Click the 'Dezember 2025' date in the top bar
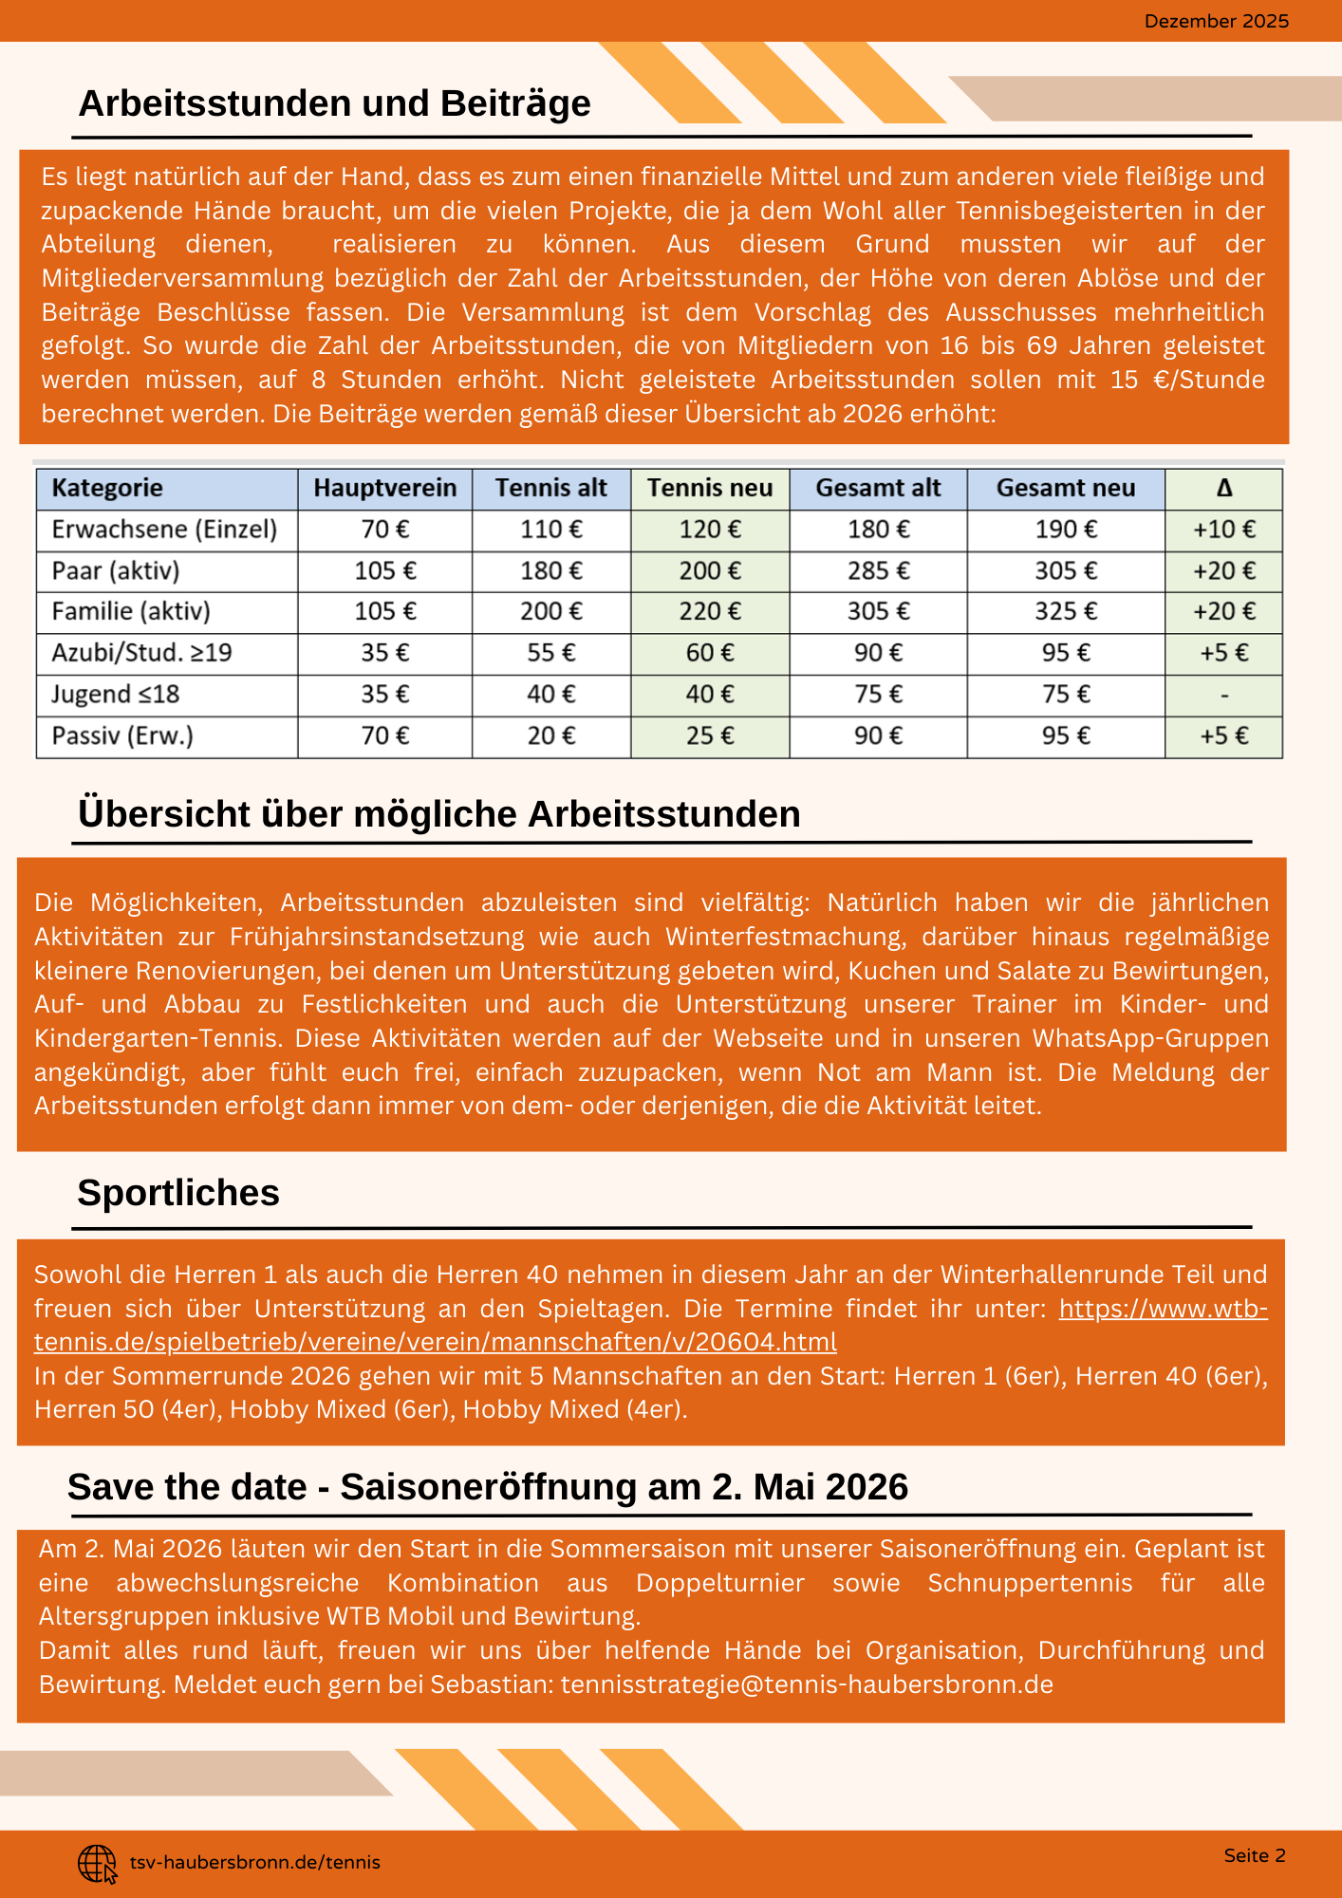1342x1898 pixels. click(x=1216, y=21)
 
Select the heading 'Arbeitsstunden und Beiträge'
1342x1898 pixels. click(x=334, y=103)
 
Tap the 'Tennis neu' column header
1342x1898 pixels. click(x=710, y=488)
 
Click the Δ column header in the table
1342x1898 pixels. click(x=1224, y=488)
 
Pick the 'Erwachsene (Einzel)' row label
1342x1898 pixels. click(x=164, y=530)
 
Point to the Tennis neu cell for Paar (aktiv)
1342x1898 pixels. click(x=710, y=570)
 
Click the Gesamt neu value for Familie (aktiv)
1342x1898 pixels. click(x=1066, y=611)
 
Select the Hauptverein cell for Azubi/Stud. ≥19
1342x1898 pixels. click(x=384, y=653)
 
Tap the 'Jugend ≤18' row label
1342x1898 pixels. click(x=115, y=695)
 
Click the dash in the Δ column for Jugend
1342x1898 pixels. click(x=1224, y=696)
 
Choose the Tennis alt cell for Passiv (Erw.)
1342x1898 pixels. click(x=551, y=735)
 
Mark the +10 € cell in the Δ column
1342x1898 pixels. click(x=1224, y=530)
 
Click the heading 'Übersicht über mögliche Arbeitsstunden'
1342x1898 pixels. click(x=439, y=814)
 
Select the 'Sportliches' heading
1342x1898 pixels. click(x=178, y=1193)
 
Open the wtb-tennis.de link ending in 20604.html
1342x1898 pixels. click(x=436, y=1342)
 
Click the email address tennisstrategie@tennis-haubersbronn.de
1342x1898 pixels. click(x=807, y=1684)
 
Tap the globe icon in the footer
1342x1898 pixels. click(x=97, y=1863)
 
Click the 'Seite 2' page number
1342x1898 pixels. click(x=1255, y=1855)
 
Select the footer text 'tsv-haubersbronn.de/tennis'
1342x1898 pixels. click(x=254, y=1863)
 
